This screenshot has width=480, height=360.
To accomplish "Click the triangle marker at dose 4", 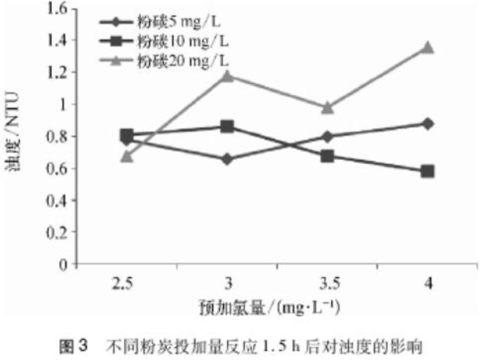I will (x=428, y=47).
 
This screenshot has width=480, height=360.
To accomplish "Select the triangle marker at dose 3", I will (x=227, y=76).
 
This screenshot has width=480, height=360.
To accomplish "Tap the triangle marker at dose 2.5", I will (x=127, y=156).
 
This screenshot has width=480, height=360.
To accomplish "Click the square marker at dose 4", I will (x=428, y=171).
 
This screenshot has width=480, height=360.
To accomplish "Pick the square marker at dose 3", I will (x=227, y=126).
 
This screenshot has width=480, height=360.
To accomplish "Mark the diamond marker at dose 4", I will (x=428, y=123).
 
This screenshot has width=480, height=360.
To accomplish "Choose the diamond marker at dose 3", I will (x=227, y=159).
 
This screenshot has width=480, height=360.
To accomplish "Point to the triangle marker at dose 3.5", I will (x=327, y=107).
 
